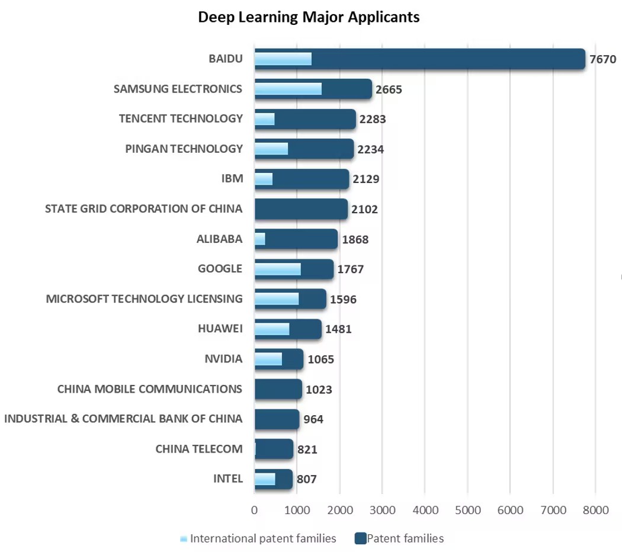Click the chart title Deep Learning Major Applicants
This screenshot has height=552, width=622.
309,17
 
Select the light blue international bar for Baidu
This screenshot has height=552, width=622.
283,59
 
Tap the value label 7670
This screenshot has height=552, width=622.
603,59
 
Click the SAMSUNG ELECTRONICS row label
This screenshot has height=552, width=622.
178,89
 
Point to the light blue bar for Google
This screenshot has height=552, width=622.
277,269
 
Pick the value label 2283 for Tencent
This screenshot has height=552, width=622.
372,119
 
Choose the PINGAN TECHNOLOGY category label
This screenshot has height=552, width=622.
184,149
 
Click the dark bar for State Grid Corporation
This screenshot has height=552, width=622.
301,209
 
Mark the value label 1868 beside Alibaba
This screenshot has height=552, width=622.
355,239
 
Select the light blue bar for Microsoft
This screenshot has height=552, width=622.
277,299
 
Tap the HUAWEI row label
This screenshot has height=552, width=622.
220,329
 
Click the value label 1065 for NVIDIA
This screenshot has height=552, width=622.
321,359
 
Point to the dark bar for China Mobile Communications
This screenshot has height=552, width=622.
278,389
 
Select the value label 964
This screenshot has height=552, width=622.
313,419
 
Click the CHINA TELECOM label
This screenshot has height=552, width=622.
199,449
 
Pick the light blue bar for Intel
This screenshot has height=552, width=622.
265,479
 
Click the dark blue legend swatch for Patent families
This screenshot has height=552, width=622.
360,538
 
